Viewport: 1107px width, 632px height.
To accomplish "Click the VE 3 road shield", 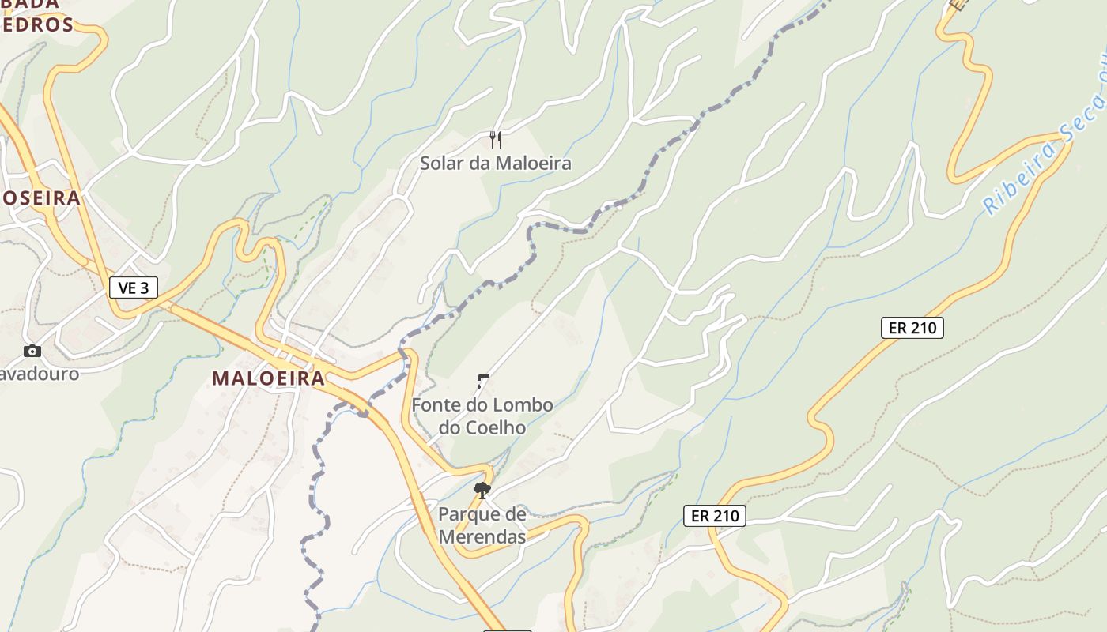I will [133, 288].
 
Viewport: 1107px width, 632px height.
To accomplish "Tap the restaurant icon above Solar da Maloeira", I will [496, 140].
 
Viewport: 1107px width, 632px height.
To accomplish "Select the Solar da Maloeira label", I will [495, 164].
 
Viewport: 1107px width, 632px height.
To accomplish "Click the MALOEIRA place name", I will [268, 378].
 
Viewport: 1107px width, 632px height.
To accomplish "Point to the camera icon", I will [32, 351].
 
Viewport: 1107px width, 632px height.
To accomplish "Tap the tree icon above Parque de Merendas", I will [482, 491].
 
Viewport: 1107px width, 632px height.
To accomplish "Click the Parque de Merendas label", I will [482, 525].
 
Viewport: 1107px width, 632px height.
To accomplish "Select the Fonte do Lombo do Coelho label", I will [482, 416].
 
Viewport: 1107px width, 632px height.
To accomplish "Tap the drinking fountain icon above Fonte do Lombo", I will [482, 382].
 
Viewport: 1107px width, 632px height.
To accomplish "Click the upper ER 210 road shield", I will [912, 327].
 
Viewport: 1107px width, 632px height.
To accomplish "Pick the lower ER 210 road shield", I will [715, 516].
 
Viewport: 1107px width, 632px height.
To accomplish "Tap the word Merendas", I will [482, 537].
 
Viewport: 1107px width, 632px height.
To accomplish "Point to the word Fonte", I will [436, 404].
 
